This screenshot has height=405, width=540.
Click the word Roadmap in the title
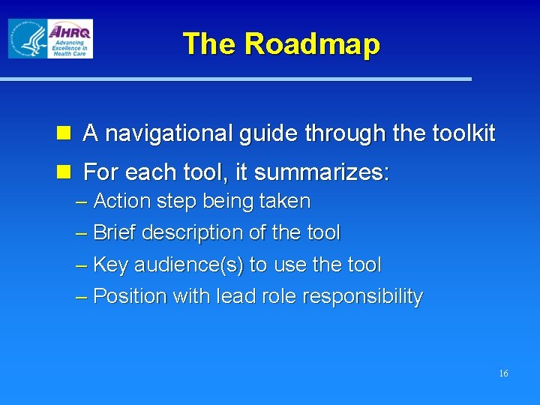312,44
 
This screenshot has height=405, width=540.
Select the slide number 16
503,373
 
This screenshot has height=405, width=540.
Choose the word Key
110,265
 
